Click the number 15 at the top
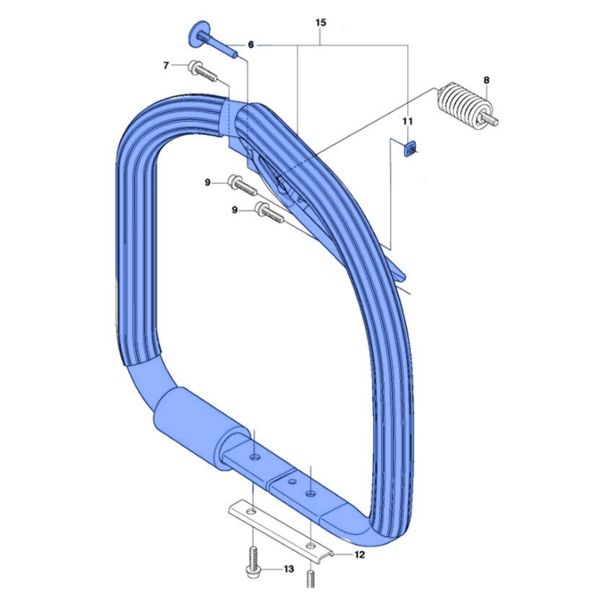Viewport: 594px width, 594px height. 320,23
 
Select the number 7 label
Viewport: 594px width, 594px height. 166,65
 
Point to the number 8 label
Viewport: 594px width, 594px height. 485,80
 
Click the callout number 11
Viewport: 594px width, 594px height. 408,121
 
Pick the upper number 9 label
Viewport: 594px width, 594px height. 208,183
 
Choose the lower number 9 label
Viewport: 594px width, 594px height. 235,210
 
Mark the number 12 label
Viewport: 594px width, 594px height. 359,555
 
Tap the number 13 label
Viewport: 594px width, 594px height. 288,569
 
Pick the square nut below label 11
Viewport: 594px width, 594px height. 410,149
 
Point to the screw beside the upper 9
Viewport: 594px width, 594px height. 242,186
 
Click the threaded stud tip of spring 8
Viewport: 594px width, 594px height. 493,122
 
